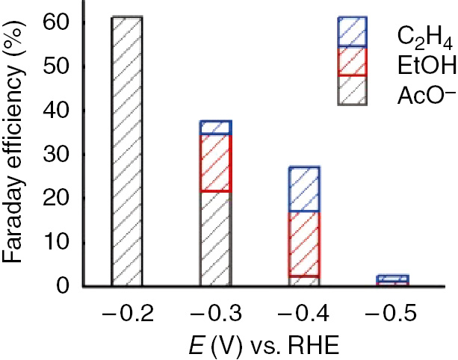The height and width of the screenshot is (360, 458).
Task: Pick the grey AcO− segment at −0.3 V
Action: pyautogui.click(x=216, y=239)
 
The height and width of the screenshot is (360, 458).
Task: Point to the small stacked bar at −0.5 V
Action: pyautogui.click(x=392, y=281)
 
